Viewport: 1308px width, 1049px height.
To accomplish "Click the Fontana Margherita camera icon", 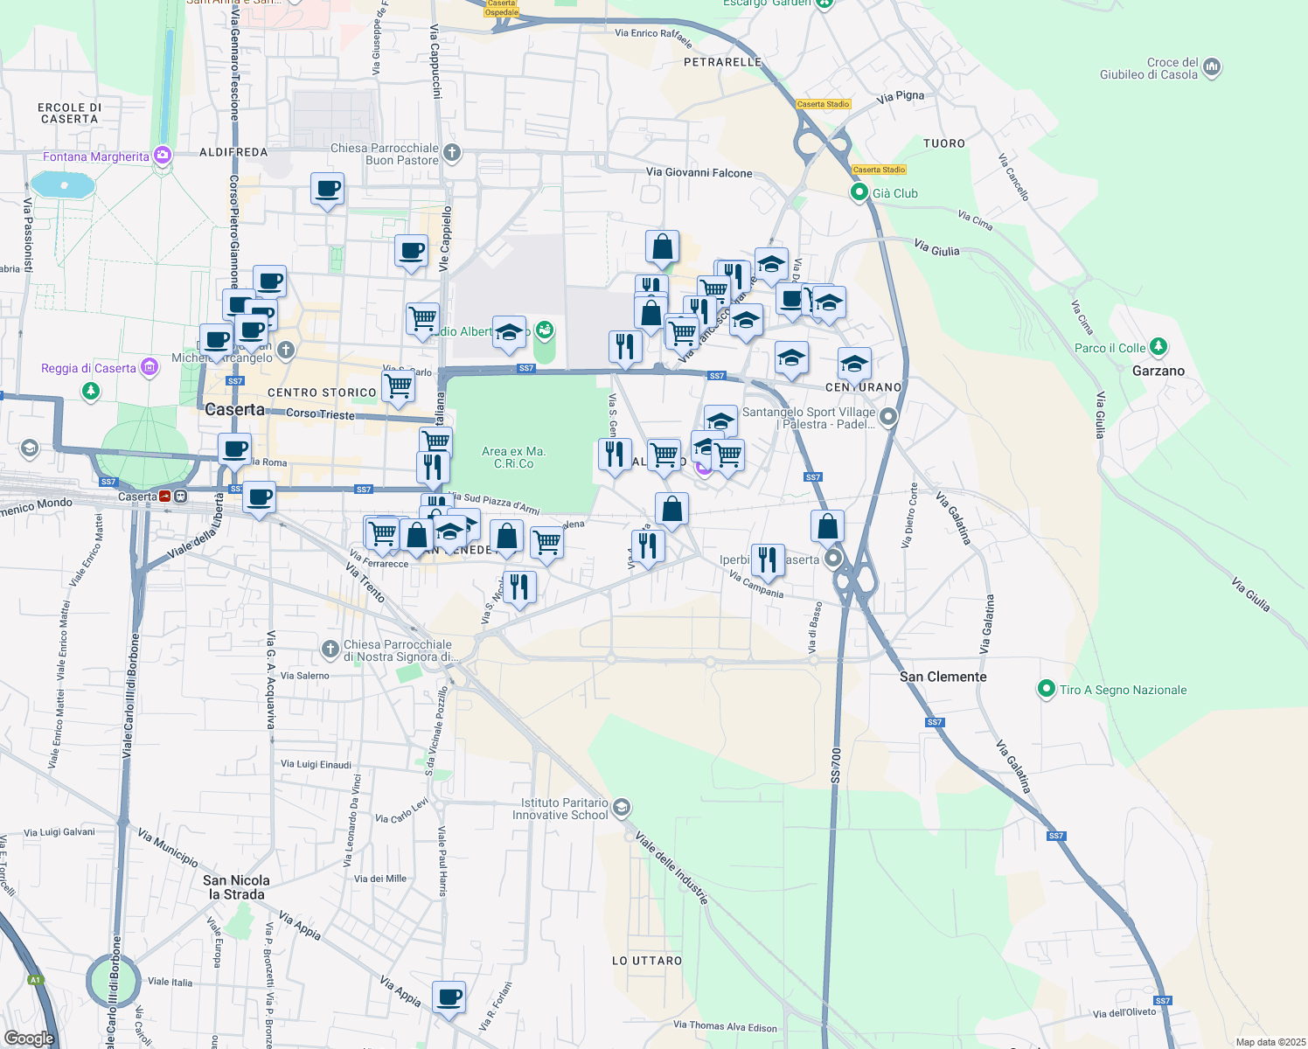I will pos(163,156).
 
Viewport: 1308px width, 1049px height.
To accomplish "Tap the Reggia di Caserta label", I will pos(88,368).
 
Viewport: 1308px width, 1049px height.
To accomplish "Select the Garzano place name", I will pos(1158,371).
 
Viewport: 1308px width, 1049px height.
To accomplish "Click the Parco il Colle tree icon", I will pos(1158,347).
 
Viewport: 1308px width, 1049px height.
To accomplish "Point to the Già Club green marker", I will pos(859,192).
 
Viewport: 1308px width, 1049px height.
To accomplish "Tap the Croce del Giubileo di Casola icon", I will pos(1212,67).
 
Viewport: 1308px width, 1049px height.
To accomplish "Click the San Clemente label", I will pos(943,677).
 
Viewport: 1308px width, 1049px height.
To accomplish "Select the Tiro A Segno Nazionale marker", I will pos(1046,689).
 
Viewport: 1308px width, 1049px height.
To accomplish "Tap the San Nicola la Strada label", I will pos(236,887).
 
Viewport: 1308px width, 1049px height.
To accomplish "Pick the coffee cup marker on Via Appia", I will pos(449,997).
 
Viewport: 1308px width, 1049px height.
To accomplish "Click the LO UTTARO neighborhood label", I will pos(646,961).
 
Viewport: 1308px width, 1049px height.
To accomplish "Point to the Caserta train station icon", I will pos(180,497).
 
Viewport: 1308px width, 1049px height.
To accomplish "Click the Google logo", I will pos(29,1039).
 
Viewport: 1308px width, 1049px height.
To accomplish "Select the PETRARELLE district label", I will pos(722,62).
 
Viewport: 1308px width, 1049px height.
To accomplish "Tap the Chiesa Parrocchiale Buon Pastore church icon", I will pos(452,153).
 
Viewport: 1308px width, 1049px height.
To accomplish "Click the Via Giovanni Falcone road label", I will pos(699,172).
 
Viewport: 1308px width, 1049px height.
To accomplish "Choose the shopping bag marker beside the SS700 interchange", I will pos(827,527).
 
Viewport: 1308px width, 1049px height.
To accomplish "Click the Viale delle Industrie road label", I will pos(671,866).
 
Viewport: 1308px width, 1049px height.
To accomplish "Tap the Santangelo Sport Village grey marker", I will pos(888,417).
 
